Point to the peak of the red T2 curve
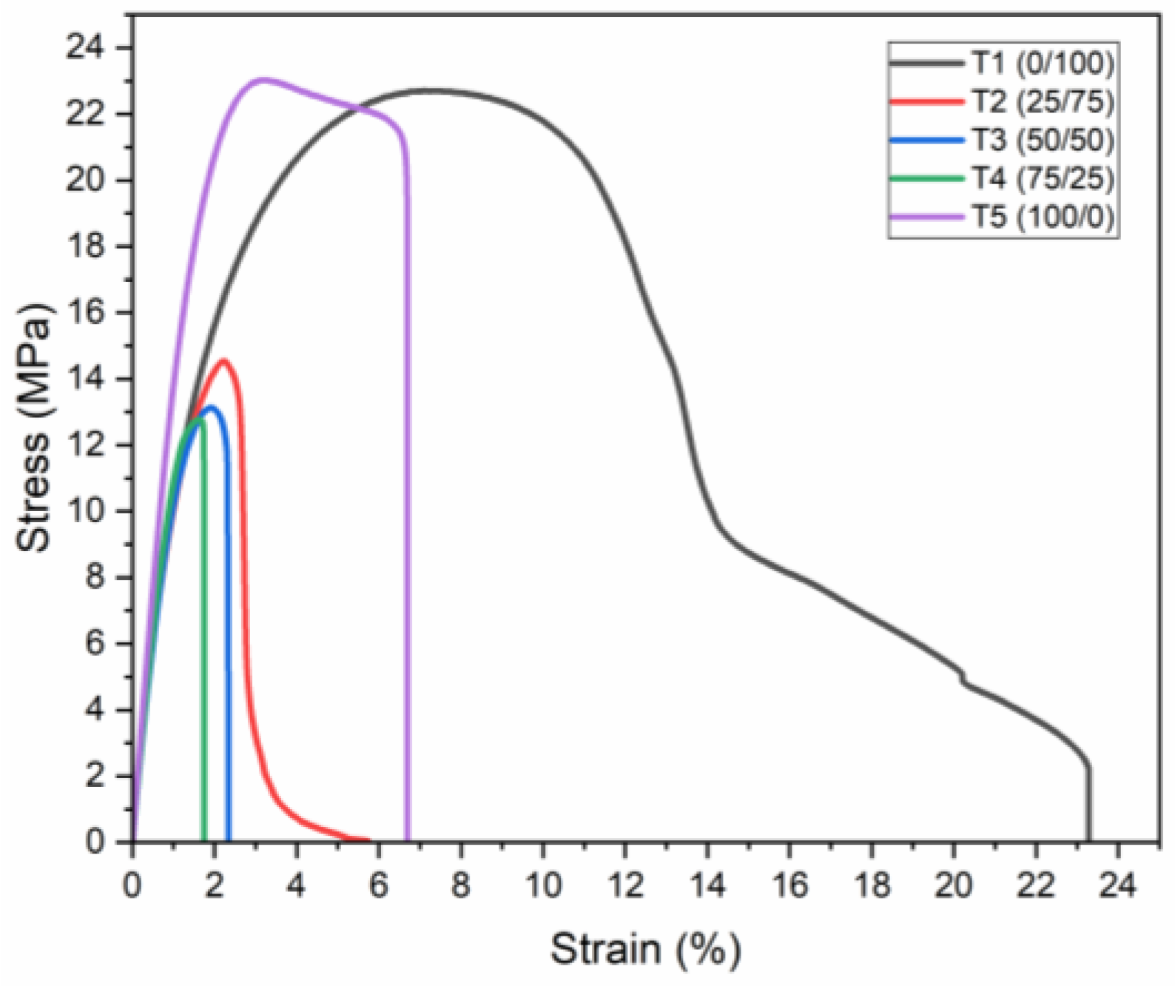pyautogui.click(x=223, y=361)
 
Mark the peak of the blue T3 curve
pyautogui.click(x=212, y=408)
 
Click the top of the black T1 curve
pyautogui.click(x=429, y=91)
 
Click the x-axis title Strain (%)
pyautogui.click(x=644, y=949)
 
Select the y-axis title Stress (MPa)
pyautogui.click(x=35, y=426)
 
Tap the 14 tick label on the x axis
pyautogui.click(x=707, y=885)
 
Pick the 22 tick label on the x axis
pyautogui.click(x=1035, y=885)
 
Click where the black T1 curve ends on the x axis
pyautogui.click(x=1088, y=840)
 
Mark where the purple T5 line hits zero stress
pyautogui.click(x=408, y=840)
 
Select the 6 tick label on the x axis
pyautogui.click(x=378, y=885)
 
